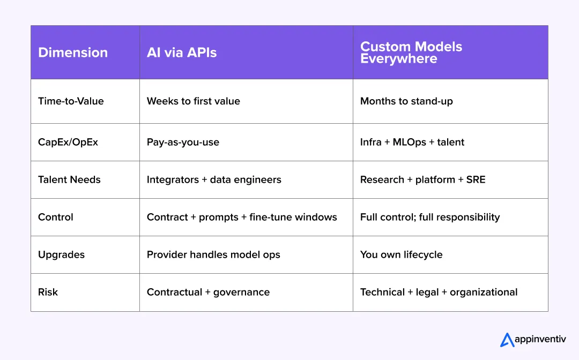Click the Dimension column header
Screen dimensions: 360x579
click(73, 52)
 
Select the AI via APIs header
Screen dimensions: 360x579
click(182, 52)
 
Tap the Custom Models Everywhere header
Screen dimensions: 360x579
click(411, 52)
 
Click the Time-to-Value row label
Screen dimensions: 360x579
click(71, 101)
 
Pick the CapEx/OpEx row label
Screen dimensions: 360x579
click(68, 142)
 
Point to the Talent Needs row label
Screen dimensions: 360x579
click(69, 179)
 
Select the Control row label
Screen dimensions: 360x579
click(56, 217)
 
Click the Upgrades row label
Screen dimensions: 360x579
click(61, 254)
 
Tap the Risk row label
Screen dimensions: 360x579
click(48, 292)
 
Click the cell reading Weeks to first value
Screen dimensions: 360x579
click(194, 101)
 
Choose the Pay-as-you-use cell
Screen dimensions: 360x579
click(183, 142)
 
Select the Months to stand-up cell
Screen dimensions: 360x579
click(406, 101)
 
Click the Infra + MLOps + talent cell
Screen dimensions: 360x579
click(412, 142)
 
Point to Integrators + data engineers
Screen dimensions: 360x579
click(214, 179)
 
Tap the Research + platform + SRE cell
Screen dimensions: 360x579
click(422, 179)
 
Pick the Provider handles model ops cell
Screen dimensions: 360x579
click(213, 254)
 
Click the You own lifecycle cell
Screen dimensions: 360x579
click(401, 254)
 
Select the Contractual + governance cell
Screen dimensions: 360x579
click(208, 292)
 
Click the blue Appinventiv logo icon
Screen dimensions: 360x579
click(507, 340)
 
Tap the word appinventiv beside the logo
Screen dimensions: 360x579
click(540, 340)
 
